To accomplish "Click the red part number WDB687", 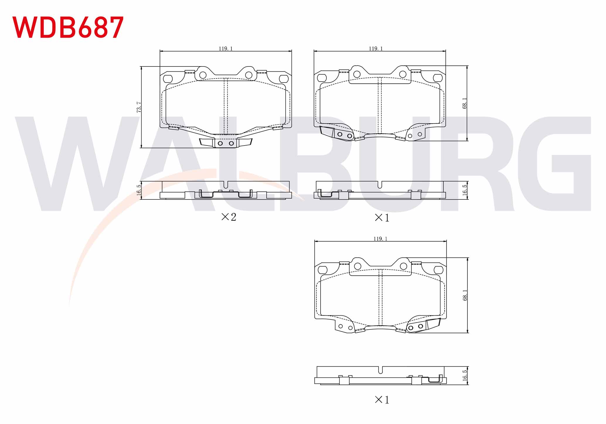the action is tap(68, 27).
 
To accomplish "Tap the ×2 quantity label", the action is tap(229, 217).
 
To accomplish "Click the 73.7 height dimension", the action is tap(139, 107).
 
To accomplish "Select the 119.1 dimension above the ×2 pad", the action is tap(226, 49).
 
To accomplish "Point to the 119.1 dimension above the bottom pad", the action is tap(380, 239).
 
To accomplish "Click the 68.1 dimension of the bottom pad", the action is tap(465, 295).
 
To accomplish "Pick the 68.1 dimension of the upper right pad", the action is tap(464, 103).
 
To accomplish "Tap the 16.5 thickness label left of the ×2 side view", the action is tap(139, 190).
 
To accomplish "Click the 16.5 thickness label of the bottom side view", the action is tap(465, 375).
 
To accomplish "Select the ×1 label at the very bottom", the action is tap(382, 400).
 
